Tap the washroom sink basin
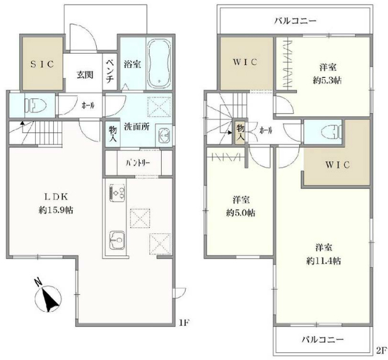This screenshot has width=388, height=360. [164, 135]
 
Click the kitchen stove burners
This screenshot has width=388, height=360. [116, 193]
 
